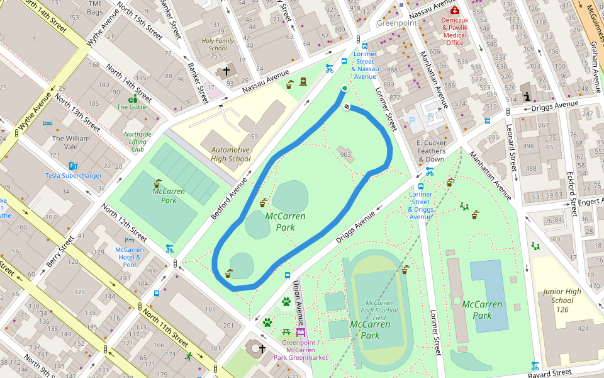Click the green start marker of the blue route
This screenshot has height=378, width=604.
pyautogui.click(x=344, y=88)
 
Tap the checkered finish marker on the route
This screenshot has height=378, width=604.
pyautogui.click(x=347, y=106)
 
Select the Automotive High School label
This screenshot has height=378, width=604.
pyautogui.click(x=230, y=154)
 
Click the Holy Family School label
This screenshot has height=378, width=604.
pyautogui.click(x=218, y=44)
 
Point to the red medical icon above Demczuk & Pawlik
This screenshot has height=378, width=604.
pyautogui.click(x=455, y=11)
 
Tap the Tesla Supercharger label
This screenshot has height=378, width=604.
pyautogui.click(x=74, y=176)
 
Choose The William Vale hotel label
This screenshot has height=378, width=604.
pyautogui.click(x=70, y=142)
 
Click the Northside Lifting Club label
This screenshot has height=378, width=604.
pyautogui.click(x=138, y=142)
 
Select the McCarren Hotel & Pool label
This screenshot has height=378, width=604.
pyautogui.click(x=130, y=257)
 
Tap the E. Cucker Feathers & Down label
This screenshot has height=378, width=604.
pyautogui.click(x=431, y=151)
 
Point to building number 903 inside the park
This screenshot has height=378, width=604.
pyautogui.click(x=345, y=154)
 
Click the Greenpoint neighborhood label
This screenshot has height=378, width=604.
pyautogui.click(x=397, y=23)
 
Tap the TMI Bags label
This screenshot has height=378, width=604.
pyautogui.click(x=94, y=8)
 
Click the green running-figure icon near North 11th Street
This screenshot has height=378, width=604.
pyautogui.click(x=189, y=357)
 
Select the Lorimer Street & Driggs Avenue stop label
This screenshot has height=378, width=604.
pyautogui.click(x=420, y=205)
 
